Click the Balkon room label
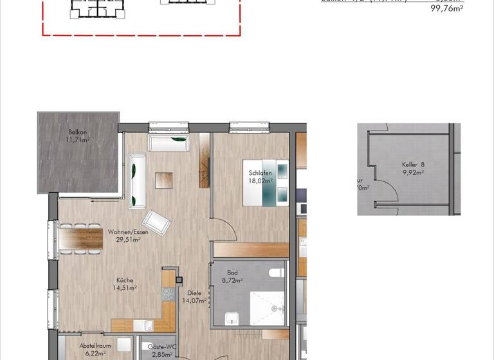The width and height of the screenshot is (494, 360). (x=77, y=132)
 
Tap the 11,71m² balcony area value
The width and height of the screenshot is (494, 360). (x=78, y=139)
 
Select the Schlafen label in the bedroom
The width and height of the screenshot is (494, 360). (x=261, y=174)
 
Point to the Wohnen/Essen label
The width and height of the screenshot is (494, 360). (x=128, y=232)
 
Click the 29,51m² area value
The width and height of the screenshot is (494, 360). (x=128, y=239)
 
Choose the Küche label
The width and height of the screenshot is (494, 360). (x=125, y=280)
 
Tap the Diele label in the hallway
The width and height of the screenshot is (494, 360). (x=195, y=292)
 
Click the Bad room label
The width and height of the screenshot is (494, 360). (x=232, y=273)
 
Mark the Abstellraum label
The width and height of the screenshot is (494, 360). (x=96, y=346)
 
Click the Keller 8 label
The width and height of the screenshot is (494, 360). (x=414, y=165)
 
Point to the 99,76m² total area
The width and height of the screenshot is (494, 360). (x=446, y=8)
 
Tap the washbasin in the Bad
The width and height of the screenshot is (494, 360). (x=232, y=318)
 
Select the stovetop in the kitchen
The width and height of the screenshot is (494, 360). (x=169, y=294)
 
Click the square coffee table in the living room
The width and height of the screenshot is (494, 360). (x=163, y=179)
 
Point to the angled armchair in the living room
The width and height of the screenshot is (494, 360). (x=158, y=222)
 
